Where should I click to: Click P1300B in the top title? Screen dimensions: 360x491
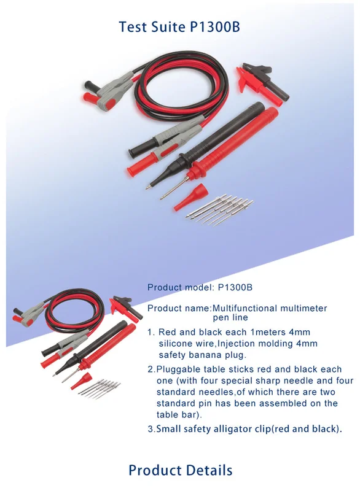tap(215, 27)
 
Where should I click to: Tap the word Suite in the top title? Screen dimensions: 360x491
tap(169, 27)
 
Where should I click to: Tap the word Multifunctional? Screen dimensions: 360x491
tap(244, 308)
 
